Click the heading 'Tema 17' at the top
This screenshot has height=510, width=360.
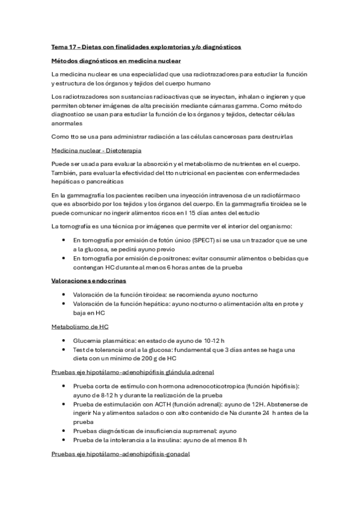click(x=64, y=46)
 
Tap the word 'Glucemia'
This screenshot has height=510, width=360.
click(x=88, y=340)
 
